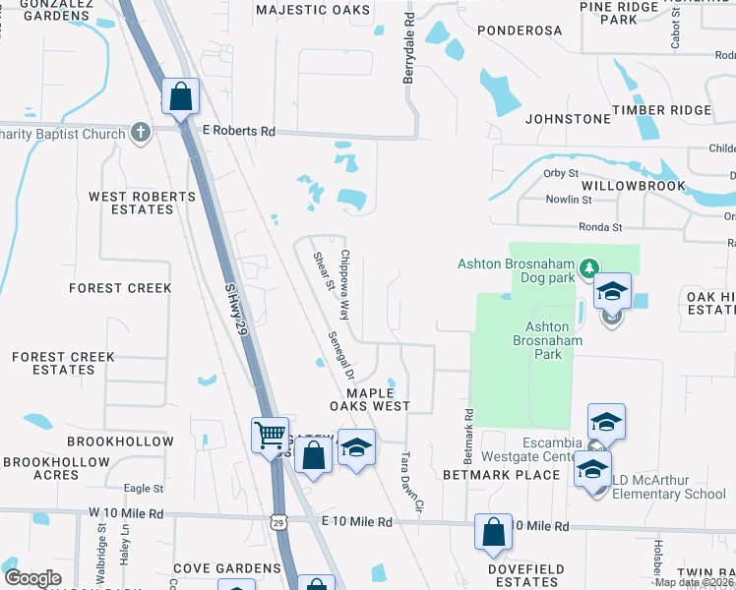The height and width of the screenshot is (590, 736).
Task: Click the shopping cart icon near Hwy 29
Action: [x=270, y=434]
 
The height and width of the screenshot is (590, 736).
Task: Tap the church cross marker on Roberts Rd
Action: [x=141, y=132]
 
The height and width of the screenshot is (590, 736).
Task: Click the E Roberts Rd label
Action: [x=239, y=131]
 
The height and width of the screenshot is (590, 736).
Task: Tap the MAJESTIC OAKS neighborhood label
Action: [x=314, y=10]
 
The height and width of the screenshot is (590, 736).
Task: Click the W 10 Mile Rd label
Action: [x=125, y=513]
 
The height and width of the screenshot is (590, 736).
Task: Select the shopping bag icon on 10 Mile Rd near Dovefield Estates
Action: [x=493, y=531]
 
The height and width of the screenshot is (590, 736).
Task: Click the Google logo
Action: [x=33, y=578]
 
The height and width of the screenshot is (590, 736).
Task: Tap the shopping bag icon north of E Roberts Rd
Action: [x=181, y=96]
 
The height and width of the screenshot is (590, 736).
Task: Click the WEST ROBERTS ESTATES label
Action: [x=143, y=203]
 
